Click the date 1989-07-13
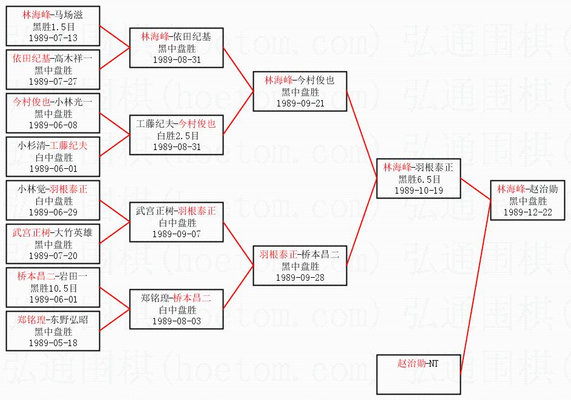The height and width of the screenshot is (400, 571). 53,38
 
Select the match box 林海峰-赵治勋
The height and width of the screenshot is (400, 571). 527,200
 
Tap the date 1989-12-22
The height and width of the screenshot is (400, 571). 527,212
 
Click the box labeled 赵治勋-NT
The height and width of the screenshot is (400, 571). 418,375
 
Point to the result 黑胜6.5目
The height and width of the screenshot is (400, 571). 419,179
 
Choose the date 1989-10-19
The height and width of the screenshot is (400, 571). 419,191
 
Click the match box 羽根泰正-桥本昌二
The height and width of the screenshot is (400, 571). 300,266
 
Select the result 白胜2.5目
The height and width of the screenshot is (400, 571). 177,136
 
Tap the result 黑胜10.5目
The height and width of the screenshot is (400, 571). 53,288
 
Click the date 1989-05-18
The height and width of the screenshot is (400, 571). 53,343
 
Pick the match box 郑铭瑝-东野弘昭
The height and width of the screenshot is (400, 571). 53,331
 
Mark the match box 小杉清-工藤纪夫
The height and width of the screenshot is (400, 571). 53,157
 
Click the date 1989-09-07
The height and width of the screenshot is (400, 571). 177,234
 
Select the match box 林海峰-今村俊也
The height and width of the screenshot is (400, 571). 300,91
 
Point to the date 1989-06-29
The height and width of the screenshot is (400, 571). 53,212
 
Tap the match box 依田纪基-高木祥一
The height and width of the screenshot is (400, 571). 53,70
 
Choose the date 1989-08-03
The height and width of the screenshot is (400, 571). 177,321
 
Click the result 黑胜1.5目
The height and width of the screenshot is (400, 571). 53,27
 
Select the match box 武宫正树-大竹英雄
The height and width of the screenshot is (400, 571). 53,244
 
